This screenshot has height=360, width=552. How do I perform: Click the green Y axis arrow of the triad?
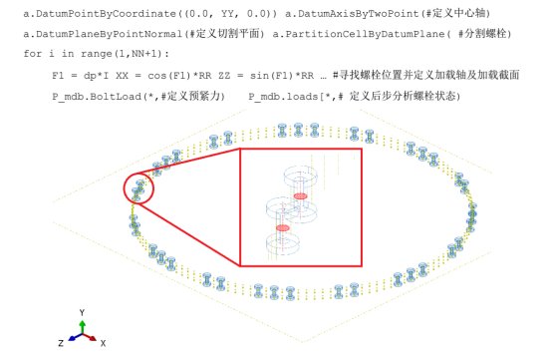(83, 326)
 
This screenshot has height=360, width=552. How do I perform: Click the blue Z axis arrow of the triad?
(73, 339)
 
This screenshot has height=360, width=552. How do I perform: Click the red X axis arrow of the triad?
(92, 339)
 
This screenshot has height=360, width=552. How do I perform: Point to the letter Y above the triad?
(83, 313)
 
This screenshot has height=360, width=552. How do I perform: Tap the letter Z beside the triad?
(61, 343)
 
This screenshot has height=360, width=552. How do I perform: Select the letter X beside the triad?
(104, 343)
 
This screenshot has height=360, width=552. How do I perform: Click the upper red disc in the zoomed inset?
(300, 196)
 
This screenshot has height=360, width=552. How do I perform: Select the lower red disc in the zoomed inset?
(283, 227)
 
